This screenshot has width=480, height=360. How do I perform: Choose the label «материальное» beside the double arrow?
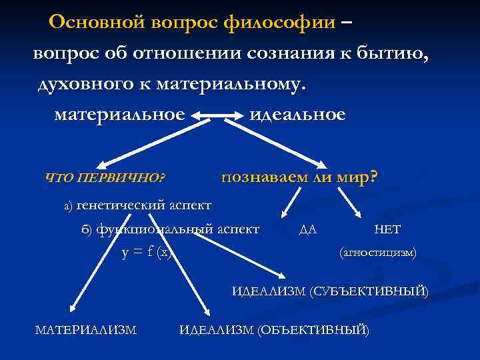119,115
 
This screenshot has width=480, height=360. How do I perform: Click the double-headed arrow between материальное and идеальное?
217,116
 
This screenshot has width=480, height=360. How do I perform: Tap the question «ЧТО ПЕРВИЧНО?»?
105,178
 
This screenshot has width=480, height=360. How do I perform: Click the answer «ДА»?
308,230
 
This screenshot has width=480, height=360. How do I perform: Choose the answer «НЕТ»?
387,229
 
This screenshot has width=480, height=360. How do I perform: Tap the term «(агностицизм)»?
378,253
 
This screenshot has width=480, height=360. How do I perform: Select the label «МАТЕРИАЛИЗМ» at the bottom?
85,329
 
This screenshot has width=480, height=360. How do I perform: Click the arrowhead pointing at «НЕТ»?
359,213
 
